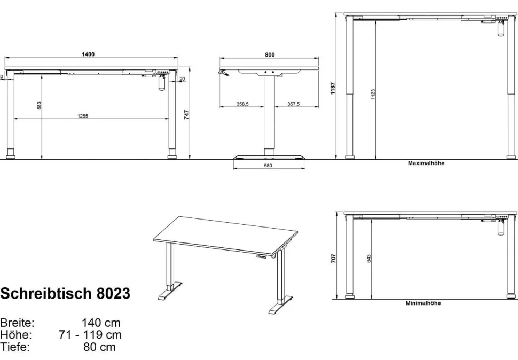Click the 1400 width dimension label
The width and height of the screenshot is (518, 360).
pyautogui.click(x=88, y=54)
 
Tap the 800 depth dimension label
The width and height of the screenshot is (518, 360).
pyautogui.click(x=270, y=55)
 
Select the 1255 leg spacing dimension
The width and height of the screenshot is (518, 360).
pyautogui.click(x=83, y=116)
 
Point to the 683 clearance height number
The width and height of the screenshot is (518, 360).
pyautogui.click(x=40, y=106)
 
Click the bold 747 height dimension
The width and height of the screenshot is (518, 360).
pyautogui.click(x=187, y=115)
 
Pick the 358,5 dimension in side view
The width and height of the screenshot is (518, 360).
pyautogui.click(x=242, y=104)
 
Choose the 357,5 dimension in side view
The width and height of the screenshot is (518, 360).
pyautogui.click(x=293, y=104)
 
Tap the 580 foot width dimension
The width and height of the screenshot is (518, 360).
pyautogui.click(x=268, y=166)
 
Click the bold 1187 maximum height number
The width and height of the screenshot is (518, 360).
pyautogui.click(x=333, y=89)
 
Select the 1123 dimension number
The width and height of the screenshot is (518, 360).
pyautogui.click(x=373, y=94)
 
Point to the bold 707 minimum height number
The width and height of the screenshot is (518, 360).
pyautogui.click(x=334, y=259)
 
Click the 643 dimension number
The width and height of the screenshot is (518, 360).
pyautogui.click(x=368, y=259)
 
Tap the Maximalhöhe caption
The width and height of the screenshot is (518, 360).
pyautogui.click(x=426, y=163)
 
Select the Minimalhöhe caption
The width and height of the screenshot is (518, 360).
pyautogui.click(x=423, y=303)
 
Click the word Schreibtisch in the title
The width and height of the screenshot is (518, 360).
pyautogui.click(x=46, y=293)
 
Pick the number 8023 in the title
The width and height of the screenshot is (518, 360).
pyautogui.click(x=114, y=293)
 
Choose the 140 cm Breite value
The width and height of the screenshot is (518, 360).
pyautogui.click(x=101, y=323)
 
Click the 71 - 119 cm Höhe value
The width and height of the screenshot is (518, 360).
pyautogui.click(x=90, y=335)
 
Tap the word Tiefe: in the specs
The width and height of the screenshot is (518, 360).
pyautogui.click(x=15, y=347)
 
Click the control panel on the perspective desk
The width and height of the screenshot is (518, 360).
pyautogui.click(x=262, y=256)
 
